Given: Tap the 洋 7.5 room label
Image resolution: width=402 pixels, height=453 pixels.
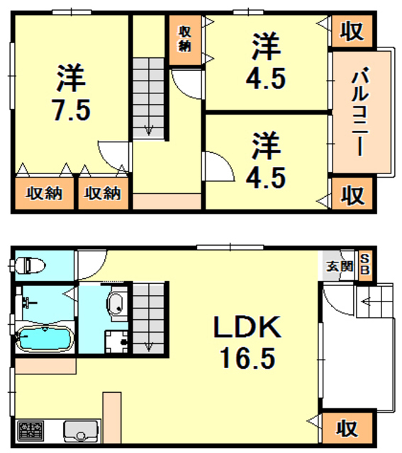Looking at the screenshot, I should [x=70, y=93].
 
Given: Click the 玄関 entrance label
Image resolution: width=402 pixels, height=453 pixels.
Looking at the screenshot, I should [x=338, y=267].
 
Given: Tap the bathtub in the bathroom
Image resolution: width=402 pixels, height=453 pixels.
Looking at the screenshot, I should [x=43, y=339].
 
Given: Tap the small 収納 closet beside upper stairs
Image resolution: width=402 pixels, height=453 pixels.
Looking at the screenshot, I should [x=186, y=39].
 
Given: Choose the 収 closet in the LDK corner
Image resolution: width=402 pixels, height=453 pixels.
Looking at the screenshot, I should [x=345, y=428].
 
